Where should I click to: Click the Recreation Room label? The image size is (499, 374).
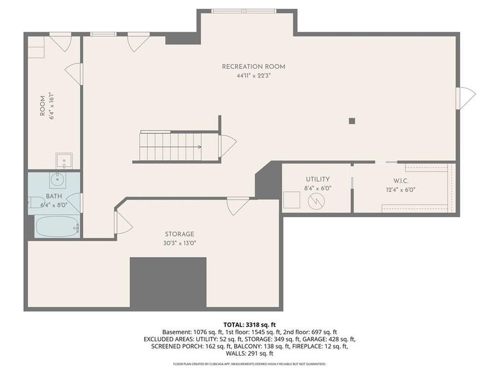(253, 66)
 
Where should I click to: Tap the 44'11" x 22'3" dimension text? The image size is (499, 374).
(253, 76)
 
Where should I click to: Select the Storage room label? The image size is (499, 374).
(179, 234)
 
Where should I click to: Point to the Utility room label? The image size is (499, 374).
(318, 180)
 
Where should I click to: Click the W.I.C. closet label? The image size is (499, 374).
(401, 181)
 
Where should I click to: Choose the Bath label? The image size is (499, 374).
(54, 197)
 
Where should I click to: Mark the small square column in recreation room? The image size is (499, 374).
(352, 120)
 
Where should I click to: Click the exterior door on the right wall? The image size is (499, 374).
(465, 98)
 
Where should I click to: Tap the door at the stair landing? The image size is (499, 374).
(227, 146)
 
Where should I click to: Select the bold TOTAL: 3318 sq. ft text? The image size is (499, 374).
(249, 324)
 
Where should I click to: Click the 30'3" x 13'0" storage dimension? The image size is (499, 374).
(179, 243)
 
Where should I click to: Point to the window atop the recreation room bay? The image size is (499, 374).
(244, 11)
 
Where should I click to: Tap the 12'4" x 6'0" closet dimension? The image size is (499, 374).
(401, 189)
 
